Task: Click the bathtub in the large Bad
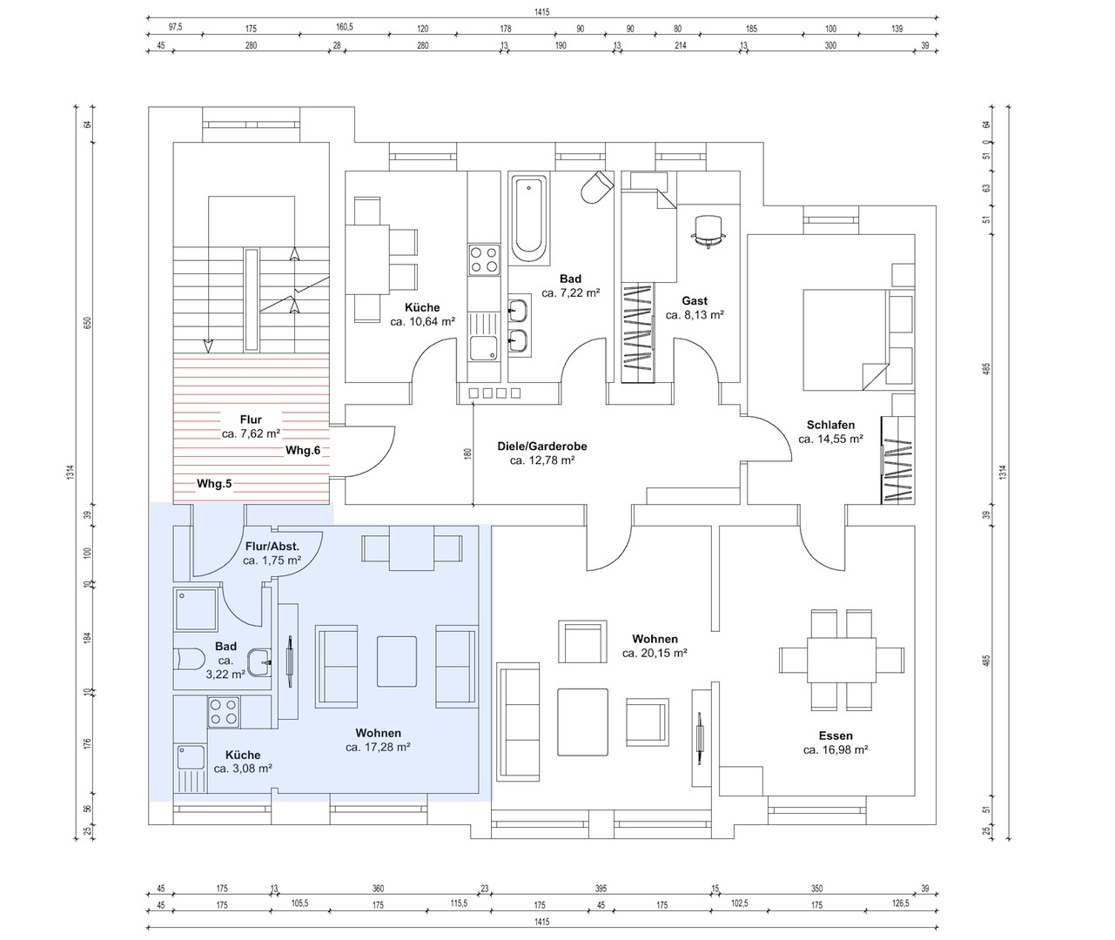coord(528,219)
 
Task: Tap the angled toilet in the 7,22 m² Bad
coord(597,187)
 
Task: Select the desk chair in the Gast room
coord(709,232)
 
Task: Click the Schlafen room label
coord(830,425)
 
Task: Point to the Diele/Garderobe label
coord(542,446)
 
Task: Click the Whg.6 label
coord(303,450)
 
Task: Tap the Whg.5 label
coord(214,484)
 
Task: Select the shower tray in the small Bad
coord(197,609)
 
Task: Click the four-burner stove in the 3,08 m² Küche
coord(223,713)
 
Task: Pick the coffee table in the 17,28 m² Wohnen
coord(397,661)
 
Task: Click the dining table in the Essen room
coord(842,660)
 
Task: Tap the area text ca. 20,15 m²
coord(655,653)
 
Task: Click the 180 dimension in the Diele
coord(468,454)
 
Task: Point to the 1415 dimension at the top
coord(542,12)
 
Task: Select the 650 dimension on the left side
coord(88,323)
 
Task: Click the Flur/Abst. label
coord(272,547)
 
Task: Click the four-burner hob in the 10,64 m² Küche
coord(484,259)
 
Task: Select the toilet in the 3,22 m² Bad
coord(190,659)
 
